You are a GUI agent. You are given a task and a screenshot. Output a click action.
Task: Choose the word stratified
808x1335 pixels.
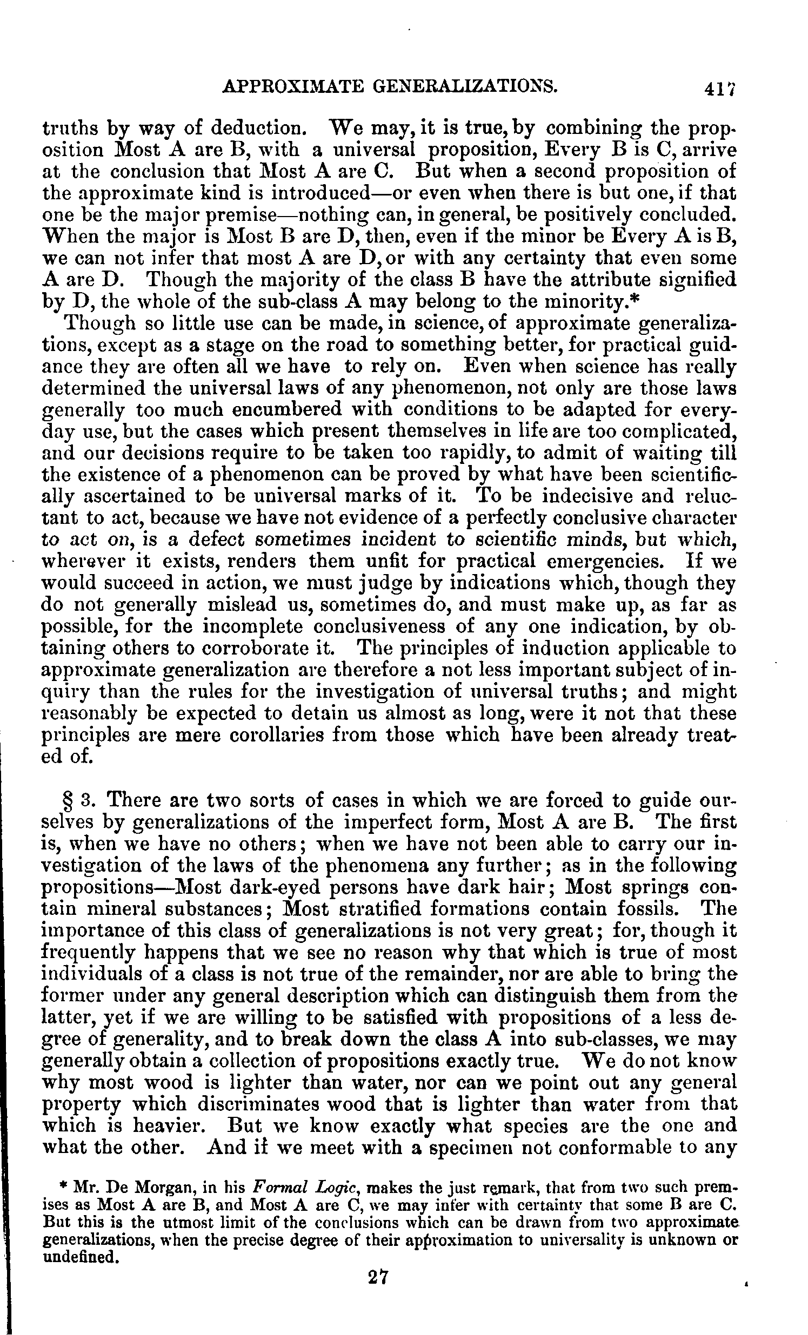coord(373,910)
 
